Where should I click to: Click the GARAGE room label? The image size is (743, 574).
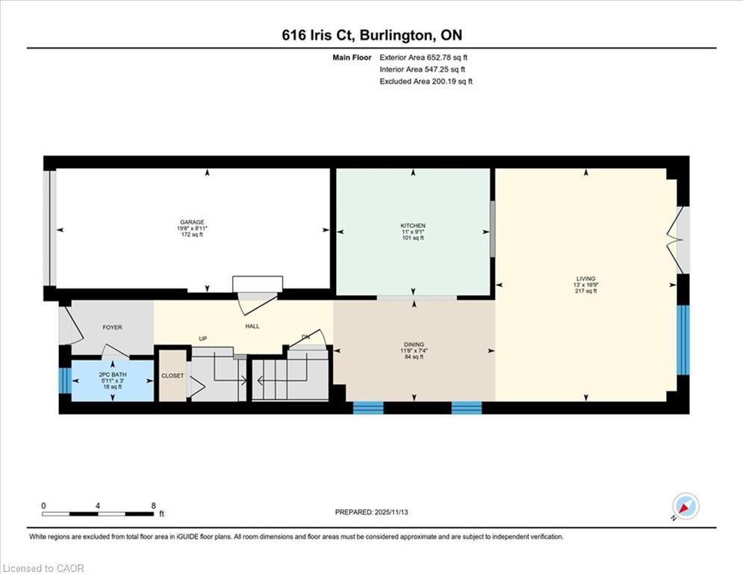tap(192, 222)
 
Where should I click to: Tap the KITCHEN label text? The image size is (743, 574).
tap(413, 226)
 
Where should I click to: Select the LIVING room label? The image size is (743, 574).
tap(585, 279)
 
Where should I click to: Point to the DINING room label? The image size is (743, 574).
tap(414, 345)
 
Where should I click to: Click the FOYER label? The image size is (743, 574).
tap(112, 327)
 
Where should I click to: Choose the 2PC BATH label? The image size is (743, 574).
tap(113, 374)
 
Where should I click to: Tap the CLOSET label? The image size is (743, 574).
tap(172, 376)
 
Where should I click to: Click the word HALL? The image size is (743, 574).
tap(252, 327)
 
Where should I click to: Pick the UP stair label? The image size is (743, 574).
tap(203, 339)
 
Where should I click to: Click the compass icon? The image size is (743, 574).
tap(686, 507)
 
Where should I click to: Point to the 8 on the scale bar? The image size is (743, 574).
tap(154, 506)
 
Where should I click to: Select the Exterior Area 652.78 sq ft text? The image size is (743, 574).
tap(423, 58)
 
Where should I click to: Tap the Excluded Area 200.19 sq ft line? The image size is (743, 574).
tap(426, 81)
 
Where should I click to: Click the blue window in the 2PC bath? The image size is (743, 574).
tap(66, 380)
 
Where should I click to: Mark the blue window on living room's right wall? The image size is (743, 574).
tap(683, 340)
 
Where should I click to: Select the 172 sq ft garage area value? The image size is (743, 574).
tap(192, 235)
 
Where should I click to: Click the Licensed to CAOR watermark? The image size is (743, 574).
tap(43, 568)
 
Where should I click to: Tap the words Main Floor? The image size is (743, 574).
tap(352, 58)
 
